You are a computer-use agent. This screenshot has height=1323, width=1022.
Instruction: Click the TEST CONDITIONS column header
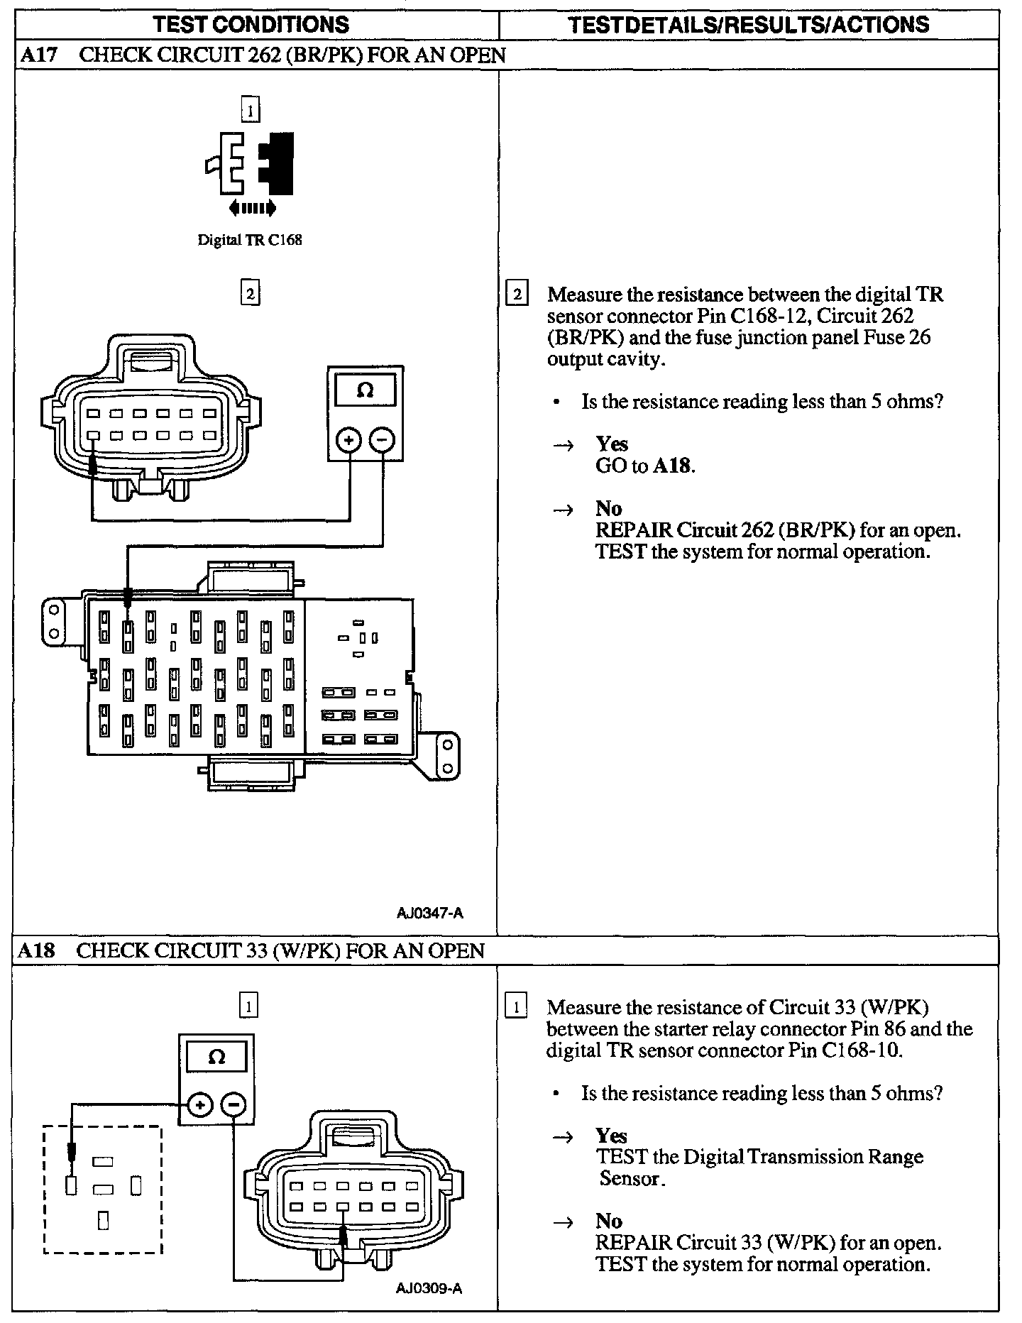(x=251, y=25)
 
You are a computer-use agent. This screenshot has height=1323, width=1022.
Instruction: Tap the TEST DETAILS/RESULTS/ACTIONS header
(x=749, y=25)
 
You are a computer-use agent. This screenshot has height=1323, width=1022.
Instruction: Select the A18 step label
(x=36, y=950)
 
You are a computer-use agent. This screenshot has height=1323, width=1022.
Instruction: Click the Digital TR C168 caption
(x=249, y=240)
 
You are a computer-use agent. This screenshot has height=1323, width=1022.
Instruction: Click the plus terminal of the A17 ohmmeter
(x=348, y=441)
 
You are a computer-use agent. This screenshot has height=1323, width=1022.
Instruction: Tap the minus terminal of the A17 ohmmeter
(x=382, y=441)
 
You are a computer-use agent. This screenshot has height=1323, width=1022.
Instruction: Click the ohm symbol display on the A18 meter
(x=216, y=1058)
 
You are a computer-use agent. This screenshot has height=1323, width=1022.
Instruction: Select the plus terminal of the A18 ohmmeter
(x=200, y=1104)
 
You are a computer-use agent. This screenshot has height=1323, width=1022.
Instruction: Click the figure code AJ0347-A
(x=429, y=913)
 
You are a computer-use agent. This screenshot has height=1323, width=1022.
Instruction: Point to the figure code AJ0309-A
(x=429, y=1288)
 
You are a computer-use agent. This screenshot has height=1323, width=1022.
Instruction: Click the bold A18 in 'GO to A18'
(x=671, y=466)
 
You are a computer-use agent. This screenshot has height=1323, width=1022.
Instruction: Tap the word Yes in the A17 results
(x=612, y=444)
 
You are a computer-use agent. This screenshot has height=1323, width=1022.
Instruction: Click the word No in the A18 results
(x=609, y=1221)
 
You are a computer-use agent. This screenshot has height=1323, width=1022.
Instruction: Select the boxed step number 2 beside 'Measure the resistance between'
(x=516, y=294)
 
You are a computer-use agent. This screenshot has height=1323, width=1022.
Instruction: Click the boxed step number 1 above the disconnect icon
(x=250, y=110)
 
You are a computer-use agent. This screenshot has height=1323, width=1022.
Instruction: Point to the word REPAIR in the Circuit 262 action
(x=634, y=530)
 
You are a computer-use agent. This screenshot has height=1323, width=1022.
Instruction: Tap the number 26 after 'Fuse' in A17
(x=919, y=337)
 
